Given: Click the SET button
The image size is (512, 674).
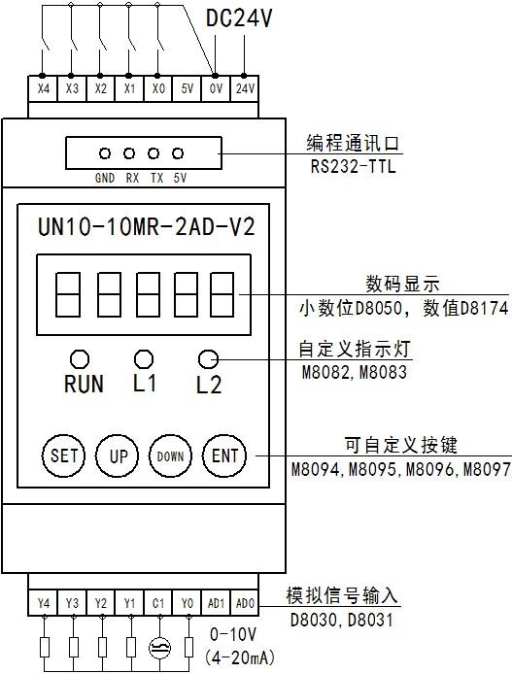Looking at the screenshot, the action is click(x=63, y=455).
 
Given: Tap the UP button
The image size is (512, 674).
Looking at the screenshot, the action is click(x=117, y=455).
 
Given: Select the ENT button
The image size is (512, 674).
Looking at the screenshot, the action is click(x=224, y=455).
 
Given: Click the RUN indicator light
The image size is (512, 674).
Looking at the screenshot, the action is click(x=80, y=359).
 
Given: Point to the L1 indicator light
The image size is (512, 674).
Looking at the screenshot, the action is click(x=144, y=358).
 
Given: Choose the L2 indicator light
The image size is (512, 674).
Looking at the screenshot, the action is click(x=209, y=359).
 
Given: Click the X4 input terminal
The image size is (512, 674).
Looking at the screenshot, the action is click(x=43, y=89).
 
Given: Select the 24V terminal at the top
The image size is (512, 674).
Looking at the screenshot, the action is click(x=245, y=89).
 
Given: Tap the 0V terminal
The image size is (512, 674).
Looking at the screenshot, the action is click(x=216, y=89).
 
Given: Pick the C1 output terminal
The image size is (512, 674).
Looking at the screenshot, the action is click(x=158, y=603).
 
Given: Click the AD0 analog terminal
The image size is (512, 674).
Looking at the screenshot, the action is click(x=245, y=603).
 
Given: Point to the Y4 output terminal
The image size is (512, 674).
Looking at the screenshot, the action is click(x=43, y=603).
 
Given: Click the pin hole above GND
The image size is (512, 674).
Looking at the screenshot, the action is click(x=105, y=153).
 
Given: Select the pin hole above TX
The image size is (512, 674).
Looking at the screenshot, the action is click(x=154, y=153).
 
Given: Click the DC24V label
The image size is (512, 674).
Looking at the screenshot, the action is click(x=239, y=18).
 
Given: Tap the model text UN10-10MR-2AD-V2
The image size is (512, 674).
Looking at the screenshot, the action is click(x=147, y=226).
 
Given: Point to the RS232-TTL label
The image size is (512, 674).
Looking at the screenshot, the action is click(x=353, y=166).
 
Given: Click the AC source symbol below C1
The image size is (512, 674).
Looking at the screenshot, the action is click(x=159, y=648).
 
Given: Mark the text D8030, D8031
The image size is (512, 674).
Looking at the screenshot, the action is click(x=342, y=620).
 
